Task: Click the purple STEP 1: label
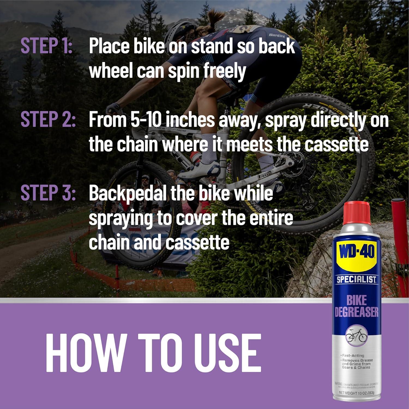[x=46, y=46]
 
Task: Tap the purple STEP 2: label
[x=48, y=119]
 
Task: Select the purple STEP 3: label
[x=48, y=193]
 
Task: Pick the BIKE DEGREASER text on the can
[x=356, y=307]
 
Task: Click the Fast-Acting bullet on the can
[x=353, y=356]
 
